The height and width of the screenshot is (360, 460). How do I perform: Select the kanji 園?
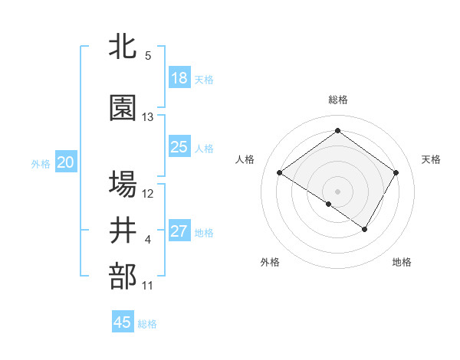click(123, 108)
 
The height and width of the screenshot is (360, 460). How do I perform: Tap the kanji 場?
click(123, 184)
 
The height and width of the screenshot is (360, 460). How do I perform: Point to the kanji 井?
click(123, 231)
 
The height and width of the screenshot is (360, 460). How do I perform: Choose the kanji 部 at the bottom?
click(123, 277)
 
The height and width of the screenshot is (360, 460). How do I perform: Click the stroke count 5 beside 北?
click(148, 56)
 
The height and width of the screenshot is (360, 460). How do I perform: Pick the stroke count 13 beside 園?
click(148, 117)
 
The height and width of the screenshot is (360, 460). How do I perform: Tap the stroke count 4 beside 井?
click(148, 240)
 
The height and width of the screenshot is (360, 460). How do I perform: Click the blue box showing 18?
click(179, 78)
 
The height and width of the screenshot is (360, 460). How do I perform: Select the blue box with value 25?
click(179, 147)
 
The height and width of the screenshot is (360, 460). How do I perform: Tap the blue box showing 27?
click(179, 231)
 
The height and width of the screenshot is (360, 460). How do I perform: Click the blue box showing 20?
click(66, 162)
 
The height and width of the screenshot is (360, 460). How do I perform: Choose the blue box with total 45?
click(123, 322)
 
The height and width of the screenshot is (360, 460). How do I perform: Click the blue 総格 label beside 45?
click(147, 324)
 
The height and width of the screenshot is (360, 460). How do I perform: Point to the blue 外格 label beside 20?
click(41, 164)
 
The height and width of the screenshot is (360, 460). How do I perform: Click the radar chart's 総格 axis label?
click(337, 100)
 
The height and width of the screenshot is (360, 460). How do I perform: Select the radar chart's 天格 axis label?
click(431, 159)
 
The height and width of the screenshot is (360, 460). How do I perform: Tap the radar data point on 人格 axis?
click(280, 173)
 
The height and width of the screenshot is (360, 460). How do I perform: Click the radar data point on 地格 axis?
click(365, 229)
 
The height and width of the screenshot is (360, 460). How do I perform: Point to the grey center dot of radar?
click(337, 191)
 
